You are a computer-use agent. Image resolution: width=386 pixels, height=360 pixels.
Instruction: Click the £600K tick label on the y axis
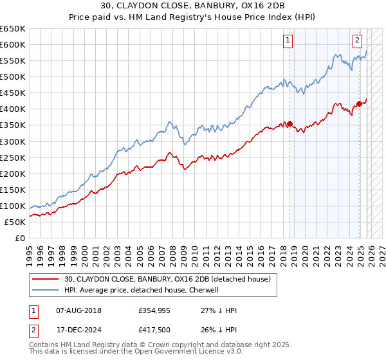(13, 44)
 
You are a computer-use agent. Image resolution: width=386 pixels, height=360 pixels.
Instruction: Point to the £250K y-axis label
(13, 157)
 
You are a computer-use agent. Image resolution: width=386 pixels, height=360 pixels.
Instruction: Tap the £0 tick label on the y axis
(19, 238)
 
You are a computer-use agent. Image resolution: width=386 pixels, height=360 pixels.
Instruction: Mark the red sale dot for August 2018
(289, 123)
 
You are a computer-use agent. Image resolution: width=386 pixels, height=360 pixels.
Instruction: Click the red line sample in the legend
(45, 279)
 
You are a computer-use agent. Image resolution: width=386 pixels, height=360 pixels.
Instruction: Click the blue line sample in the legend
(45, 290)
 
